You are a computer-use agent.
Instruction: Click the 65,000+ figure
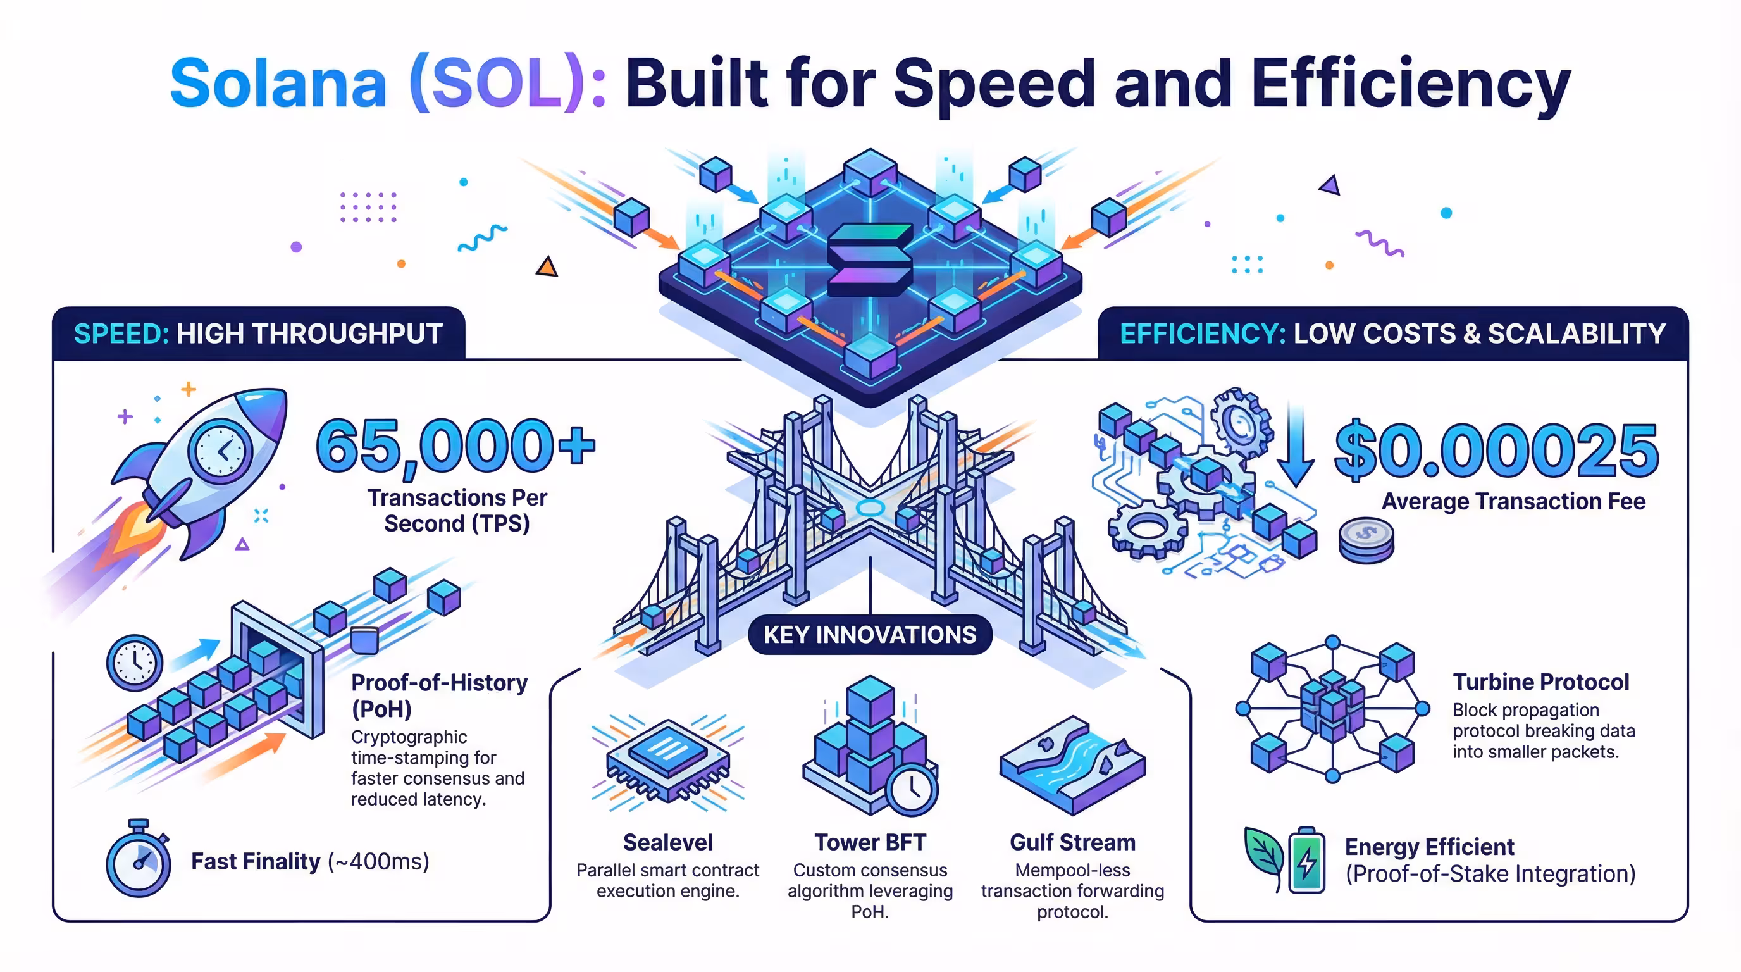tap(455, 446)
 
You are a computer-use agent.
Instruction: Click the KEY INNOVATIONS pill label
tap(870, 635)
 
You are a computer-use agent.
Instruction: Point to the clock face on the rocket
tap(220, 450)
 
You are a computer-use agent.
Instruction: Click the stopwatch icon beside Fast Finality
tap(139, 861)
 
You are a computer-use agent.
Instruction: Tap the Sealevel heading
tap(668, 842)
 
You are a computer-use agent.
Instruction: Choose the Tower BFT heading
tap(870, 842)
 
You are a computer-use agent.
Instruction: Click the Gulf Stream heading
tap(1072, 842)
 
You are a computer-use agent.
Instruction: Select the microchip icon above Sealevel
tap(668, 761)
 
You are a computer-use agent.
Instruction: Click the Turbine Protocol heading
tap(1541, 682)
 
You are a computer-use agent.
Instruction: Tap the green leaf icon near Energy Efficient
tap(1263, 856)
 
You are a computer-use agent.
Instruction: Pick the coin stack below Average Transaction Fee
tap(1366, 541)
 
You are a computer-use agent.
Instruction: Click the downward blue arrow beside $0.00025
tap(1295, 446)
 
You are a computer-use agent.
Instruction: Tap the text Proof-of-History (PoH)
tap(438, 695)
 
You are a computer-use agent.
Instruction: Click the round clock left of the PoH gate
tap(135, 663)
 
